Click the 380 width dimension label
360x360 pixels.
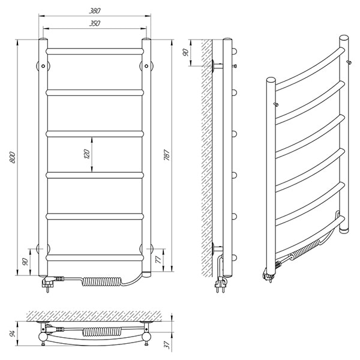coord(95,11)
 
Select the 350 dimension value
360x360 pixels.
coord(95,23)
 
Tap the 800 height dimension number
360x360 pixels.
coord(13,157)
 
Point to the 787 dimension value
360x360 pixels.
coord(167,155)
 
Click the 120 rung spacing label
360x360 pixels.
coord(87,154)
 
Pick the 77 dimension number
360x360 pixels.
coord(158,259)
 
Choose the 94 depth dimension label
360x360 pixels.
coord(12,333)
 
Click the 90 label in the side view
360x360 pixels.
coord(186,53)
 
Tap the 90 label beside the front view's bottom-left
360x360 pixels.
coord(25,262)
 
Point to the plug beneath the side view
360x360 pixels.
coord(220,284)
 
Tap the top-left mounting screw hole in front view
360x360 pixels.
coord(43,66)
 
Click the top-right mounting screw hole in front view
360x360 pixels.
coord(146,66)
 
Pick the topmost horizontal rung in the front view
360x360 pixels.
coord(95,51)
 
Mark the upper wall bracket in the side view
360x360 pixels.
coord(217,66)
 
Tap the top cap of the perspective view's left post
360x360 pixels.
coord(271,80)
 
